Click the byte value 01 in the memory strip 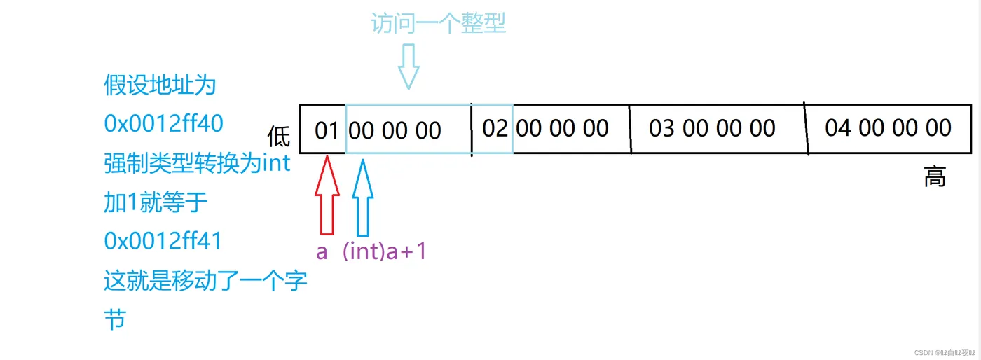326,130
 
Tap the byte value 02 495,128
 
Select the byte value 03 662,128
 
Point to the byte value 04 839,127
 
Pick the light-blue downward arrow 408,67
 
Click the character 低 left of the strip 279,136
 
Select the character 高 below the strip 935,177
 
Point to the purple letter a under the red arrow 322,251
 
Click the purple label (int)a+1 385,251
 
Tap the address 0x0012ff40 163,123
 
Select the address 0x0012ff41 163,241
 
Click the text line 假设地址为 160,85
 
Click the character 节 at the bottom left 114,320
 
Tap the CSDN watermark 936,352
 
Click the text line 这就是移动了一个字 205,282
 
